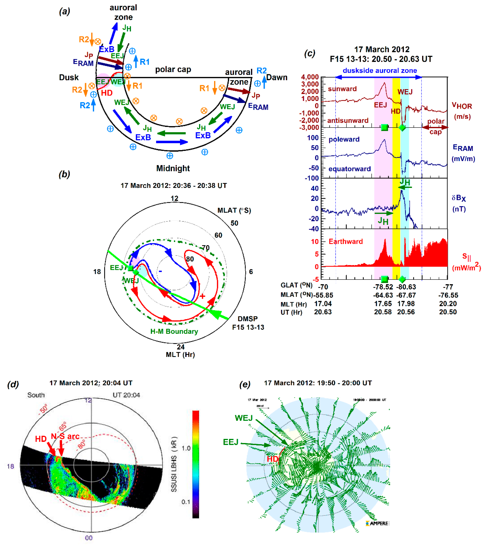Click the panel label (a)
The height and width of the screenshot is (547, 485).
pyautogui.click(x=64, y=11)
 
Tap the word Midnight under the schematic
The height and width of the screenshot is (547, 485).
pyautogui.click(x=173, y=168)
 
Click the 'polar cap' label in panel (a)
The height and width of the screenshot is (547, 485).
pyautogui.click(x=173, y=70)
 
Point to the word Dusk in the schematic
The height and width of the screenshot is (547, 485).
pyautogui.click(x=69, y=78)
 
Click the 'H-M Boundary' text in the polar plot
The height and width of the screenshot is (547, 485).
pyautogui.click(x=174, y=331)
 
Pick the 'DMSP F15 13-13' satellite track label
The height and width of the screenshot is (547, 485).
pyautogui.click(x=248, y=323)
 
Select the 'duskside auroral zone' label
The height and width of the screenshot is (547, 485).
pyautogui.click(x=380, y=70)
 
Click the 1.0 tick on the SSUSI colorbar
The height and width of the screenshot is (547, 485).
pyautogui.click(x=186, y=448)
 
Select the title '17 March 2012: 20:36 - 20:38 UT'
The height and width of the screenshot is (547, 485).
pyautogui.click(x=174, y=186)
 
